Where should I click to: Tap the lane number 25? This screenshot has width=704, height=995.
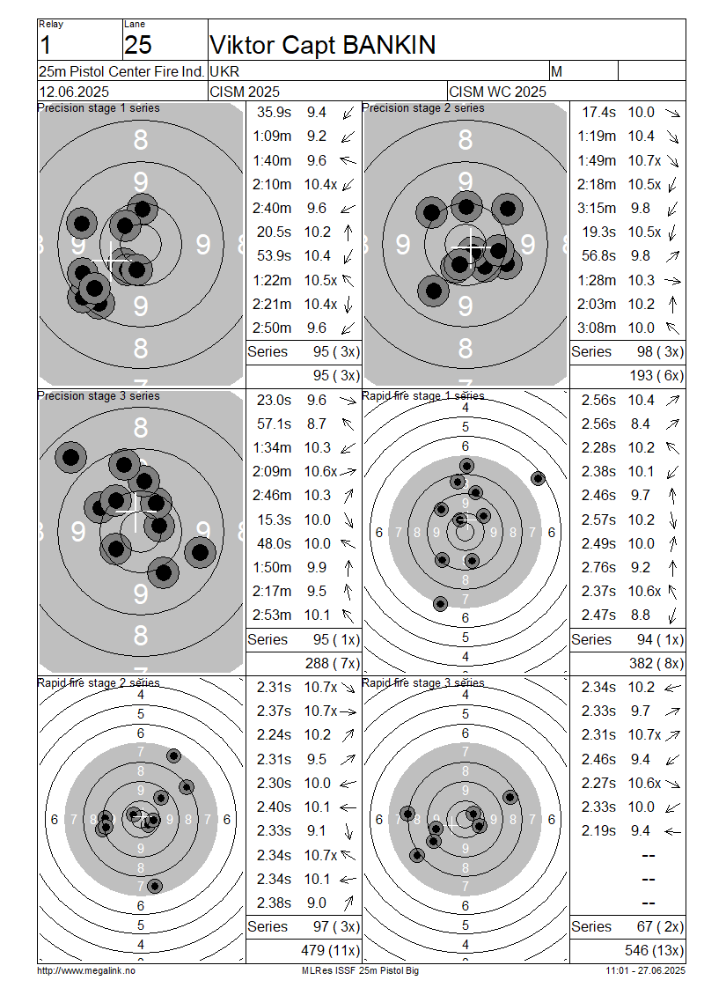(x=137, y=45)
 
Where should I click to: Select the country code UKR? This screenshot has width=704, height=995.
(x=224, y=71)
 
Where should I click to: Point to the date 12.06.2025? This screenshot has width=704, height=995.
(x=74, y=92)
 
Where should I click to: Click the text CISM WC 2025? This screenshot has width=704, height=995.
(x=497, y=92)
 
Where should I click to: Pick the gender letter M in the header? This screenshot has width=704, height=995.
(x=556, y=71)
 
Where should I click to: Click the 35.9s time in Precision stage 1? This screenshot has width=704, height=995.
(x=274, y=113)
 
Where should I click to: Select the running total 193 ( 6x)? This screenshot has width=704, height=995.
(x=656, y=376)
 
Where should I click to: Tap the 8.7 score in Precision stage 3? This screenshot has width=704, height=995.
(x=317, y=424)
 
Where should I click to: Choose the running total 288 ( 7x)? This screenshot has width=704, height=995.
(x=333, y=664)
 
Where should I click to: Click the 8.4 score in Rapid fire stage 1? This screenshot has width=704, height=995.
(x=640, y=424)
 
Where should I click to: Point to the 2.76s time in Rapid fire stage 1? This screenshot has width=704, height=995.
(x=598, y=567)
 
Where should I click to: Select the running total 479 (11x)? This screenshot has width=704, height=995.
(x=330, y=951)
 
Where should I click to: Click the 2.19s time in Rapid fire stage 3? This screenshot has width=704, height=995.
(x=598, y=830)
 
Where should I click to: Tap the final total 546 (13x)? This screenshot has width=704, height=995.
(x=655, y=951)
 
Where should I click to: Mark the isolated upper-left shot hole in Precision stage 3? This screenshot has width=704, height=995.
(x=70, y=457)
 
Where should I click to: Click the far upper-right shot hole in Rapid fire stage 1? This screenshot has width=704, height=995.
(x=538, y=478)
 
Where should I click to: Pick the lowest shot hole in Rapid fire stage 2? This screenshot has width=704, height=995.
(x=155, y=886)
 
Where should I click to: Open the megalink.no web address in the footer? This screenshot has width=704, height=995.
(x=86, y=971)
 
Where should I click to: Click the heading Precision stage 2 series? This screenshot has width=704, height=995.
(x=423, y=108)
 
